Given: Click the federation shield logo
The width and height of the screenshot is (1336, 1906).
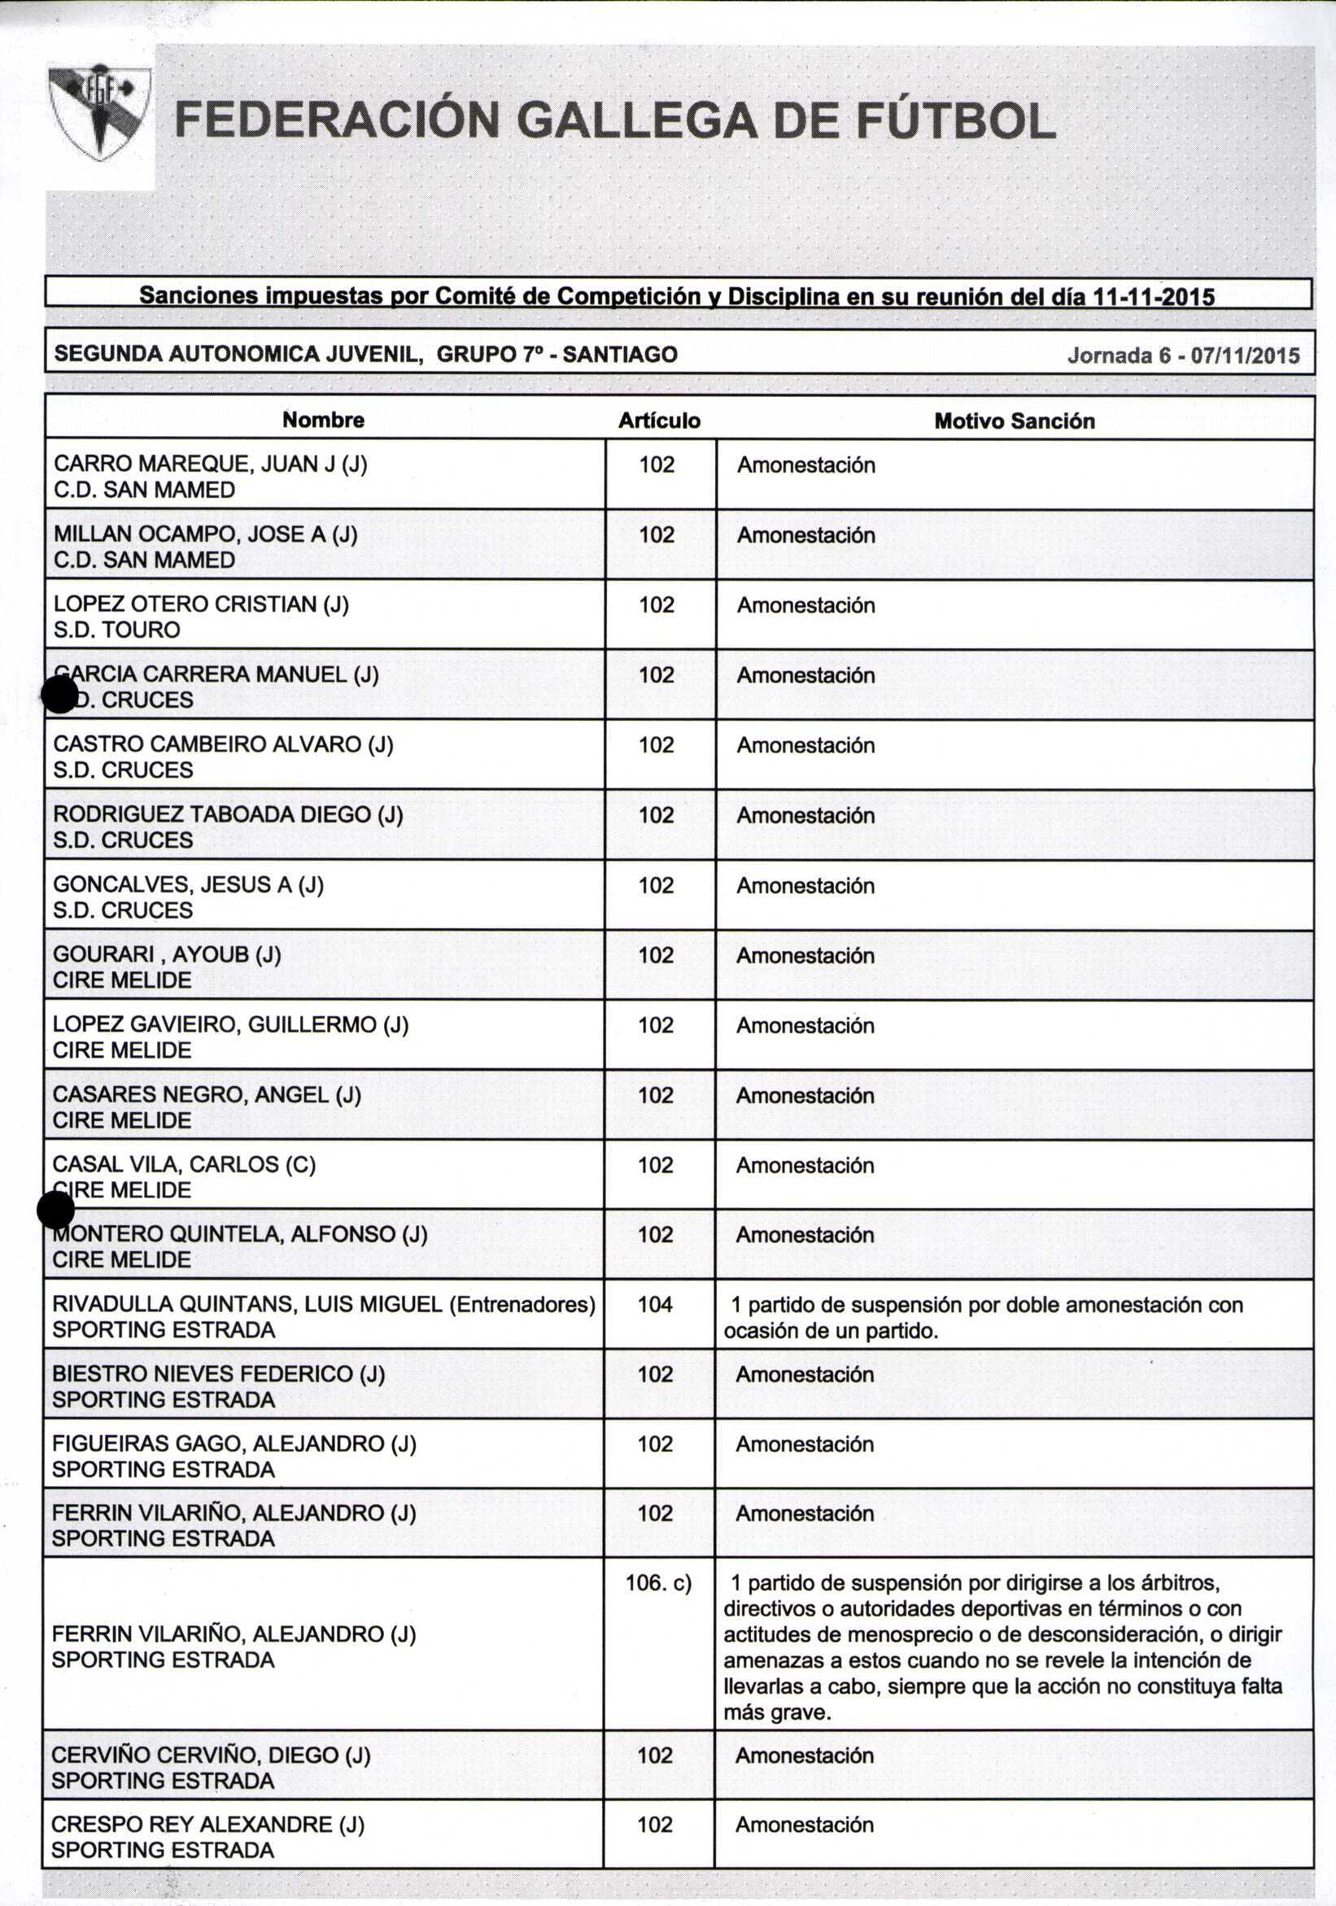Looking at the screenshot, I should click(99, 112).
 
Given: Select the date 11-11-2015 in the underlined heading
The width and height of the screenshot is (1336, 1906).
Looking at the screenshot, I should click(1155, 296).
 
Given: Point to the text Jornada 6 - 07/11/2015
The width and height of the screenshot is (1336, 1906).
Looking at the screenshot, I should click(1183, 355).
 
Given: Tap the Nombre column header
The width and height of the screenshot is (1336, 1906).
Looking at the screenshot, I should click(323, 420).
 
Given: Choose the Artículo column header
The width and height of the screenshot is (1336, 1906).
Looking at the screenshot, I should click(659, 421).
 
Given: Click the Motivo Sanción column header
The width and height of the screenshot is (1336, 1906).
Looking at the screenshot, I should click(1014, 421).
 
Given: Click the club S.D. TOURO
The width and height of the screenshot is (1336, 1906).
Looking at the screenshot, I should click(117, 630).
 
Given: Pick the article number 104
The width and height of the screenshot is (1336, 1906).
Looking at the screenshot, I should click(655, 1305).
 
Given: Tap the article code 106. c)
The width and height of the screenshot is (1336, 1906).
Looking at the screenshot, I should click(658, 1583).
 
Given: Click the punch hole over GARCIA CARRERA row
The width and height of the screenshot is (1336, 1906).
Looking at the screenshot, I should click(59, 695).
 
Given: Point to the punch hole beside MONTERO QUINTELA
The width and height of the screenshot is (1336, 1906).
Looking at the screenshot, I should click(55, 1210).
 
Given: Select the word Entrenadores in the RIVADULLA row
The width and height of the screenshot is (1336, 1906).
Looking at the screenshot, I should click(522, 1305).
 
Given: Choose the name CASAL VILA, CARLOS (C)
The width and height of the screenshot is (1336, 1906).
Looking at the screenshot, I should click(185, 1165).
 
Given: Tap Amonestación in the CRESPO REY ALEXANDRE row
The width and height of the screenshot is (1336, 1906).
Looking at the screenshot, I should click(805, 1825).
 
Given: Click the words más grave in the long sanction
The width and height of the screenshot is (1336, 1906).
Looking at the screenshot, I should click(776, 1712).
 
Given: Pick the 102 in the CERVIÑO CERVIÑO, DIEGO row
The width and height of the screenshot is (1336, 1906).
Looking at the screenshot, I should click(655, 1756).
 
